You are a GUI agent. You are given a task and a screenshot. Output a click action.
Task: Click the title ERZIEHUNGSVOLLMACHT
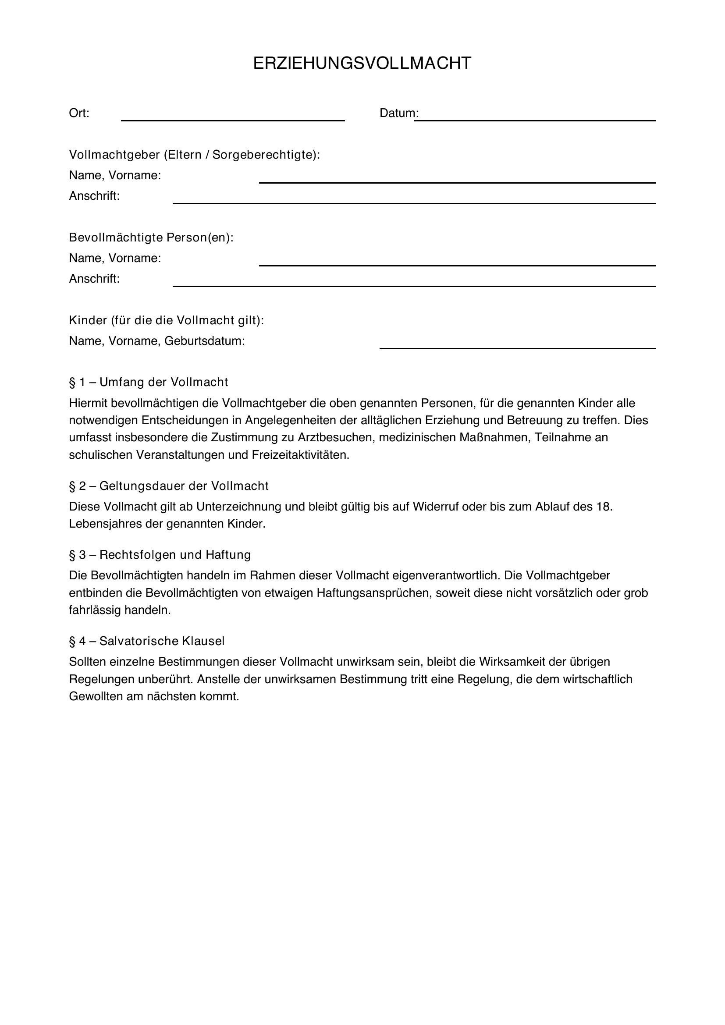[362, 64]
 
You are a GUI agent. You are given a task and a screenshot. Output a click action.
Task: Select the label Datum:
[398, 113]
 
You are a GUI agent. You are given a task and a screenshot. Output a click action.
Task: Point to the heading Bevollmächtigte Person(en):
[151, 238]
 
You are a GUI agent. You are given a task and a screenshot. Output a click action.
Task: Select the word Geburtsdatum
[204, 341]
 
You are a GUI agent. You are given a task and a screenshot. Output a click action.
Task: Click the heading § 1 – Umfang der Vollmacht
[148, 382]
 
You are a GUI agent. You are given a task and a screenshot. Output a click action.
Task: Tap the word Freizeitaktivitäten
[300, 455]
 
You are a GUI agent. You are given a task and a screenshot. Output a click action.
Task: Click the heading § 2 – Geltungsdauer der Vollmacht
[169, 486]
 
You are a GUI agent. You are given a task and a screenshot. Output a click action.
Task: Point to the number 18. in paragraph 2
[604, 507]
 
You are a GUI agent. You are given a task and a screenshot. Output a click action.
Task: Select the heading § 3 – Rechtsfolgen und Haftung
[160, 555]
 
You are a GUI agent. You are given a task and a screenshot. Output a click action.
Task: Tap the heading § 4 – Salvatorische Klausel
[146, 641]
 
